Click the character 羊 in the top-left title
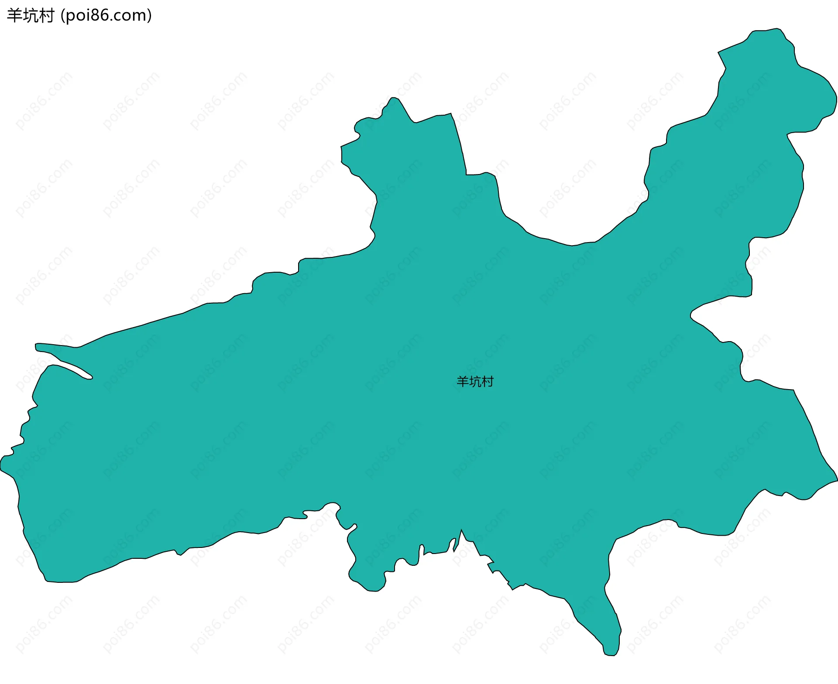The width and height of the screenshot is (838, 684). click(x=14, y=16)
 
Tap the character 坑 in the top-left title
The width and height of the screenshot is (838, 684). click(x=30, y=16)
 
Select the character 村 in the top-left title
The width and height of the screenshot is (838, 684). click(x=46, y=16)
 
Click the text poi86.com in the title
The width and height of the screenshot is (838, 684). click(x=106, y=16)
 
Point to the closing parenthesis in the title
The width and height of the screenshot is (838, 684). click(x=150, y=16)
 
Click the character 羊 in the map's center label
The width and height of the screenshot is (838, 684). click(x=462, y=382)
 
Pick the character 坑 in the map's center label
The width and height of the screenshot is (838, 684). click(x=475, y=382)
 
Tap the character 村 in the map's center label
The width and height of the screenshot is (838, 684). click(x=488, y=382)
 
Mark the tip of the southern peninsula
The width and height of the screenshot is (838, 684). click(x=610, y=653)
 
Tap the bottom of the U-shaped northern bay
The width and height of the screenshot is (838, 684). click(x=572, y=245)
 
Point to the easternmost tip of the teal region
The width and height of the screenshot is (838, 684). click(x=836, y=480)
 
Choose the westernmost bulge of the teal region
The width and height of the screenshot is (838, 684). click(x=3, y=465)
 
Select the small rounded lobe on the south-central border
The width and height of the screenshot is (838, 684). click(x=371, y=589)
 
